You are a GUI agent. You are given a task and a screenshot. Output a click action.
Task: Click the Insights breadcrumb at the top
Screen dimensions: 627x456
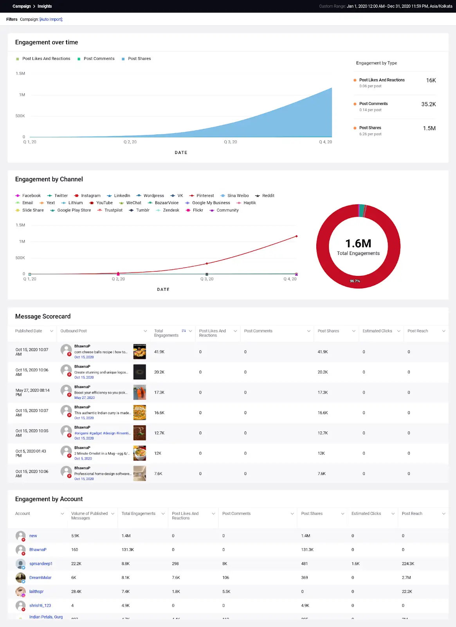[45, 6]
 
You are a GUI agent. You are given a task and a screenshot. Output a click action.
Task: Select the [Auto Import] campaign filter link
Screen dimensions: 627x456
[51, 19]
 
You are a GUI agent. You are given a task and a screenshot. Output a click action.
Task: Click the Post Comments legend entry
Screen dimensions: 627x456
[99, 59]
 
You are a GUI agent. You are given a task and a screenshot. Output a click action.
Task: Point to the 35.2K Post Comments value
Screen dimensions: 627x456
[428, 104]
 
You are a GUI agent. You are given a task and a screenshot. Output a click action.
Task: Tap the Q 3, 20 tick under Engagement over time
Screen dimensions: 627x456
[230, 142]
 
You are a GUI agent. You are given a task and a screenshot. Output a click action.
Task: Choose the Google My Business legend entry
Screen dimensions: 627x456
[211, 203]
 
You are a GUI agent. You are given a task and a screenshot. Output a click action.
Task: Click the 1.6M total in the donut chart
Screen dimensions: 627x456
[358, 244]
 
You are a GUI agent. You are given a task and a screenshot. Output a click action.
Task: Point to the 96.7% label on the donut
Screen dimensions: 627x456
[355, 281]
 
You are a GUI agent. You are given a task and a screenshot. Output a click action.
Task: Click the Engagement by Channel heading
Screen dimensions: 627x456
[49, 179]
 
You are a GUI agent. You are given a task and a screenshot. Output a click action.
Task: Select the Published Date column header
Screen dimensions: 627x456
[29, 331]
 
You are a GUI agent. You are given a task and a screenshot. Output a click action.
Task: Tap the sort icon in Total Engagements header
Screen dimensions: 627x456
[184, 331]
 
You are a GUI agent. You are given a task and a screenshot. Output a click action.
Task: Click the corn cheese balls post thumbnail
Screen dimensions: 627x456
[139, 352]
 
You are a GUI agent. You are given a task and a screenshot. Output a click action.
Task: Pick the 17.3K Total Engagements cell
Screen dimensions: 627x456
[159, 393]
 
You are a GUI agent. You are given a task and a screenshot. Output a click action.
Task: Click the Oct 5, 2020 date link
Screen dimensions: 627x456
[83, 458]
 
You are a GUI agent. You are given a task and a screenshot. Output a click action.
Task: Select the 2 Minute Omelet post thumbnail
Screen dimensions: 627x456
[139, 453]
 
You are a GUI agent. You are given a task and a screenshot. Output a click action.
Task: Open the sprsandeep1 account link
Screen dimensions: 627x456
[41, 564]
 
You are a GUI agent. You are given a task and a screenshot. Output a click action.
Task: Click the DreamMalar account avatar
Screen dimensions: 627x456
[21, 578]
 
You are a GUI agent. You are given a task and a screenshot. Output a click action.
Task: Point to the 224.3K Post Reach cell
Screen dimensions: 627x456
[408, 564]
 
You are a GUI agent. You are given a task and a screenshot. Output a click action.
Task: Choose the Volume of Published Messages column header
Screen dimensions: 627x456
[89, 516]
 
